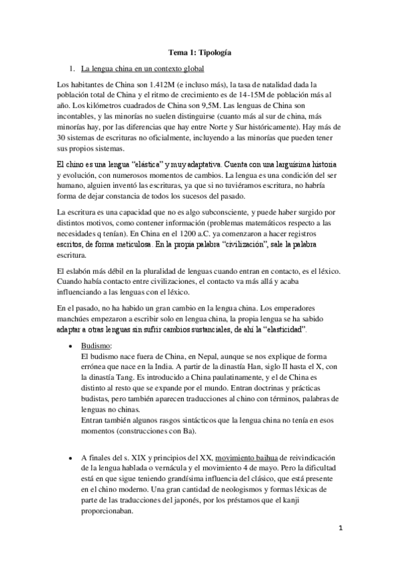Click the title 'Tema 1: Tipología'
click(199, 51)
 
